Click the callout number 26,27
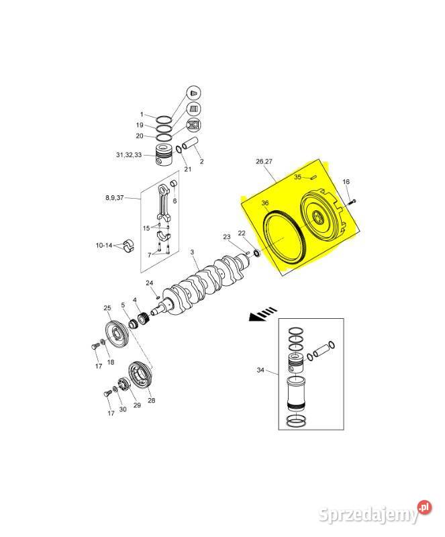tap(264, 161)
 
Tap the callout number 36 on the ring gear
tap(265, 203)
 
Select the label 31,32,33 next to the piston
tap(129, 155)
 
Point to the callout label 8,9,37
tap(114, 197)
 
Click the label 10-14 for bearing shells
tap(104, 245)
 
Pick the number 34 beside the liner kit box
tap(260, 370)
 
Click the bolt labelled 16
tap(352, 202)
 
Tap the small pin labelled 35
tap(313, 177)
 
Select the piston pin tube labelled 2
tap(190, 144)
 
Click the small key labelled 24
tap(157, 297)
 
